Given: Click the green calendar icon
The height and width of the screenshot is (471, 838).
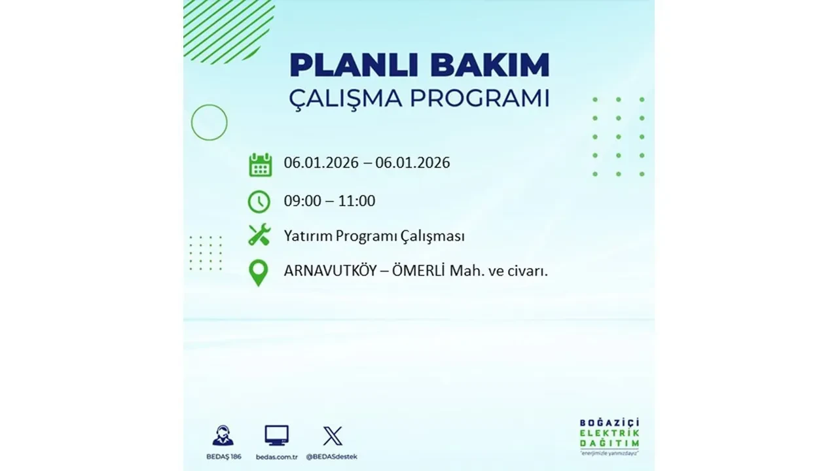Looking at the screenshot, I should click(260, 165).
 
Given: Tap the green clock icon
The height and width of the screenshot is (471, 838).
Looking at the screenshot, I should click(259, 201).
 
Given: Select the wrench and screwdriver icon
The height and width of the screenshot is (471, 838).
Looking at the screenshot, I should click(259, 235).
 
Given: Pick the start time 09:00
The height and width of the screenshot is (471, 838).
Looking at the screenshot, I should click(302, 201).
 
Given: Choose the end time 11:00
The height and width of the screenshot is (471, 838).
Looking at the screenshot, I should click(357, 201).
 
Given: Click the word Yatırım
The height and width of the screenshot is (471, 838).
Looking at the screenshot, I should click(308, 236).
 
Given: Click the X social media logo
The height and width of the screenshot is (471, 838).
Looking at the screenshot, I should click(333, 436).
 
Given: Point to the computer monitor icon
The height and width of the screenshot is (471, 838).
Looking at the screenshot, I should click(276, 436).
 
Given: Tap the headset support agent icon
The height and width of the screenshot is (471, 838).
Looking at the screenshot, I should click(223, 436).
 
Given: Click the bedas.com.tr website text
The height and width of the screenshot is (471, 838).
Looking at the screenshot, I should click(276, 456).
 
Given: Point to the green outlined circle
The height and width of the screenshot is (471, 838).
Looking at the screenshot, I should click(209, 122).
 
